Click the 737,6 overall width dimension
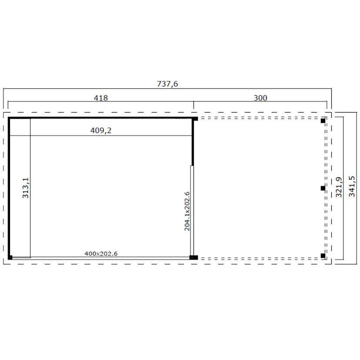167,84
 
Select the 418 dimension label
101,98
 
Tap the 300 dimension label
260,98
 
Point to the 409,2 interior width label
101,130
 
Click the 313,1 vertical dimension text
26,188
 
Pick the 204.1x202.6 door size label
187,211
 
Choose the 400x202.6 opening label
101,254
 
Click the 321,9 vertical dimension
339,187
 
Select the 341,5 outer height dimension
352,187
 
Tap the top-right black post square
323,120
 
